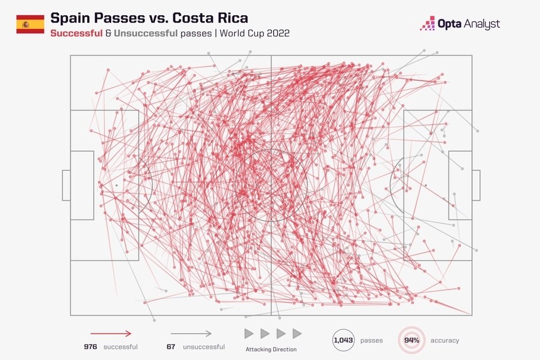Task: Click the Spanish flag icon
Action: pyautogui.click(x=30, y=25)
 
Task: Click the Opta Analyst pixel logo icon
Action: pyautogui.click(x=428, y=24)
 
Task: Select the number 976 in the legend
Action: pyautogui.click(x=92, y=347)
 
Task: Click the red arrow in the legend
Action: pyautogui.click(x=111, y=334)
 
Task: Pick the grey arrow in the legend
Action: pyautogui.click(x=191, y=334)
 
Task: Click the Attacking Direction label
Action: pyautogui.click(x=271, y=349)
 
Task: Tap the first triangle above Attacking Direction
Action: pyautogui.click(x=249, y=334)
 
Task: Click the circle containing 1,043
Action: pyautogui.click(x=343, y=340)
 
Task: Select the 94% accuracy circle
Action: pyautogui.click(x=412, y=340)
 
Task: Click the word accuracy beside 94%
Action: pyautogui.click(x=445, y=341)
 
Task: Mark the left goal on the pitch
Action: pyautogui.click(x=66, y=185)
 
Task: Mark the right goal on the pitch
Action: pyautogui.click(x=476, y=185)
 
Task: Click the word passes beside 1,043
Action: pyautogui.click(x=372, y=341)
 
